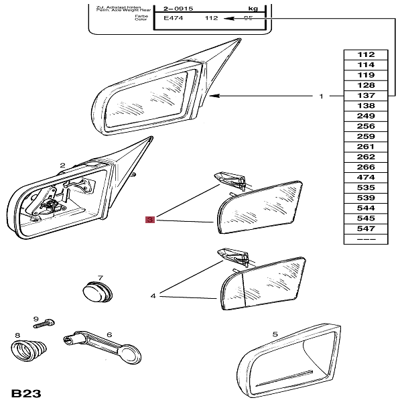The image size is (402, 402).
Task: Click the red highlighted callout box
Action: coord(151,219)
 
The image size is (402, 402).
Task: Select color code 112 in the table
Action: coord(366,55)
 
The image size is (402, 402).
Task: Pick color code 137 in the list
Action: coord(366,96)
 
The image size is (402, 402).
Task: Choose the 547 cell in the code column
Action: coord(366,228)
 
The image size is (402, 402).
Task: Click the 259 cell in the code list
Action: coord(366,136)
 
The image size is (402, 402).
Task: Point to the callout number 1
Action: coord(321,96)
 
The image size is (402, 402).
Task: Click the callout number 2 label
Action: coord(62,165)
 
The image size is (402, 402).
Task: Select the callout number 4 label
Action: coord(153,295)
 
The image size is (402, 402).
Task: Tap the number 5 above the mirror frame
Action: coord(275,334)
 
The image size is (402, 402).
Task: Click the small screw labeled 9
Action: coord(46,324)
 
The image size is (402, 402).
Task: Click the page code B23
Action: coord(25,393)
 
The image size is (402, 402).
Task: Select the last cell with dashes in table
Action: coord(366,239)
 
